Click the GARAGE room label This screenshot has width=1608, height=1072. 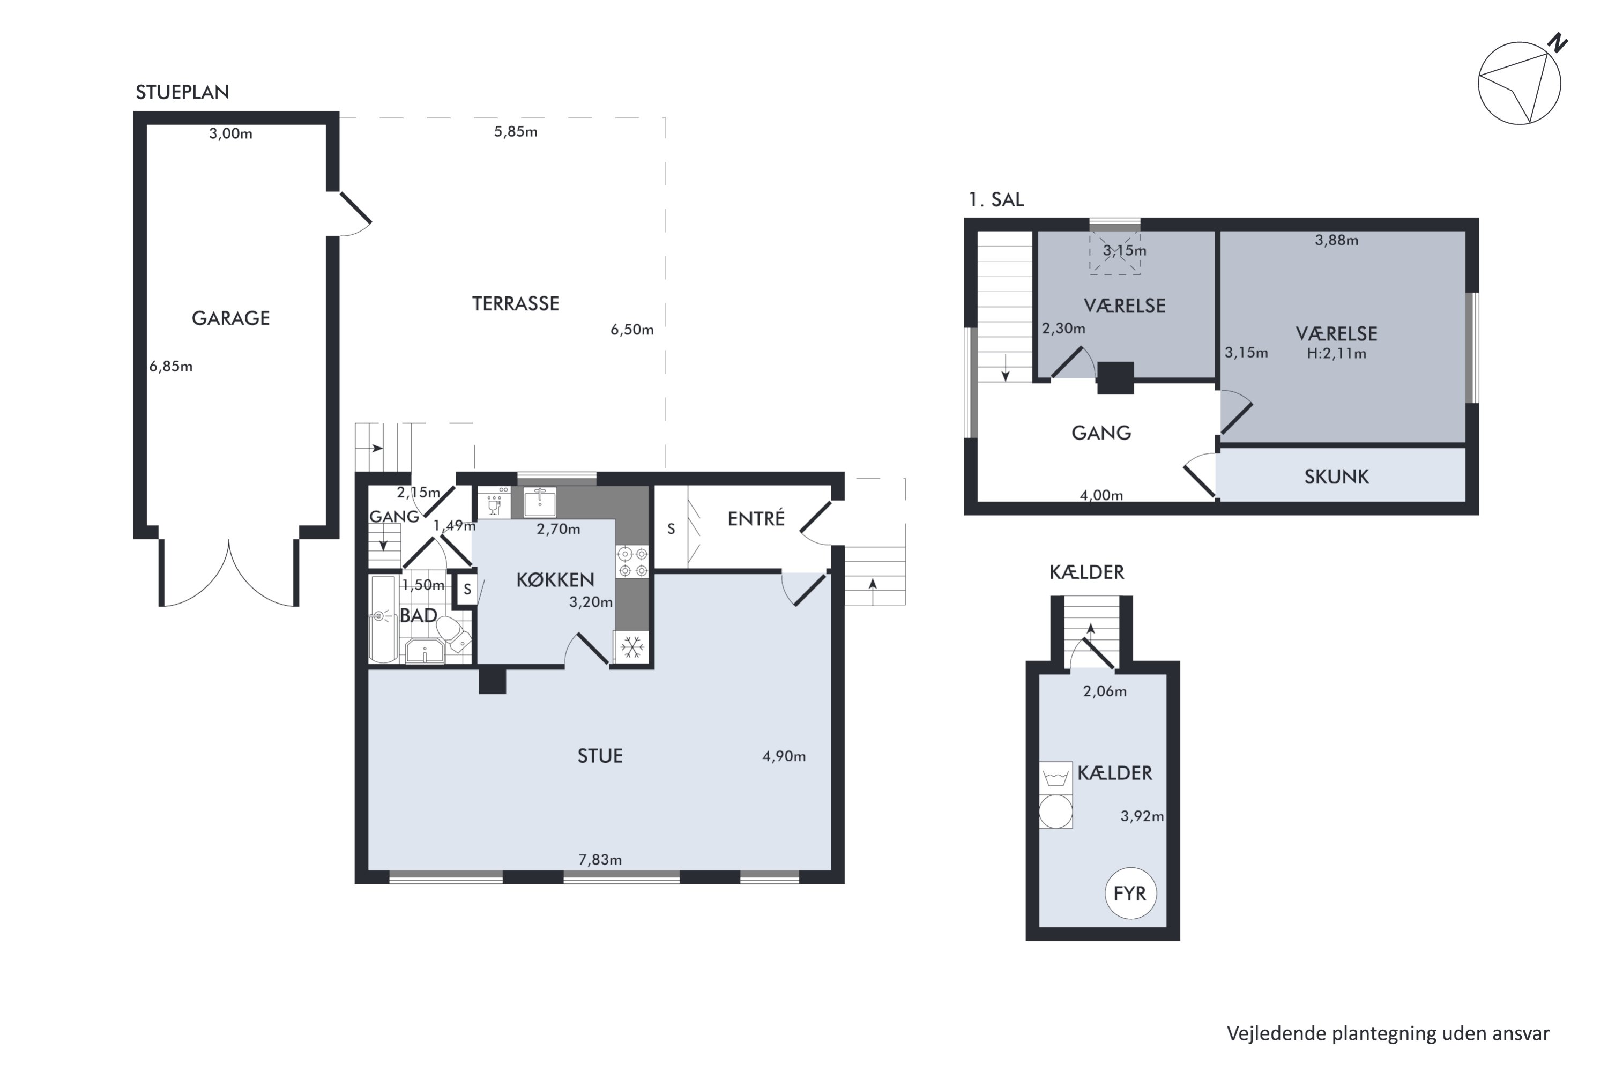[x=230, y=318]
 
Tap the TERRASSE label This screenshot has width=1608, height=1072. [x=516, y=303]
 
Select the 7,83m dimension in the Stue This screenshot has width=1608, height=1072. [x=600, y=859]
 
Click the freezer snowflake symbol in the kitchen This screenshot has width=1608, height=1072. [x=632, y=647]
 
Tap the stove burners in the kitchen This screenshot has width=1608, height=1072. [x=632, y=561]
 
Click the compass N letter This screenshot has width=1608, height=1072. [x=1558, y=43]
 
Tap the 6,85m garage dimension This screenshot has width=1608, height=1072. [x=171, y=367]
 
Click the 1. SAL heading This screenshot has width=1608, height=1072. [x=996, y=199]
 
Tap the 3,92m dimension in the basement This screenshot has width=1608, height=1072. [x=1142, y=816]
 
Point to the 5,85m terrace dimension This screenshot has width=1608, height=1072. [x=516, y=131]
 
